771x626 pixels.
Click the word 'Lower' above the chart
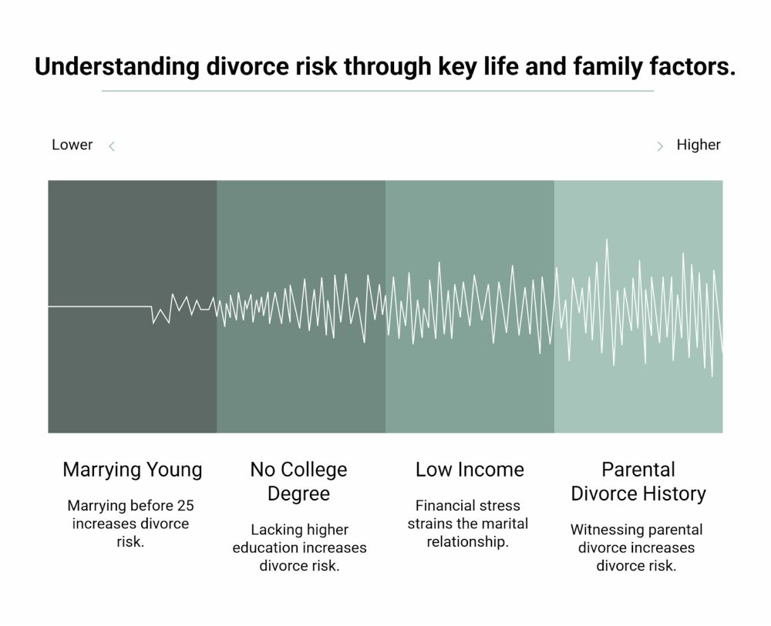tap(72, 145)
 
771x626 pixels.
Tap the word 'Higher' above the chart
tap(699, 145)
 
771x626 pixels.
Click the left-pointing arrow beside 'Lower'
tap(112, 146)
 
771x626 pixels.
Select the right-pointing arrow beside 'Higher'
tap(660, 146)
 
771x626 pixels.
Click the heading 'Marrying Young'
tap(133, 470)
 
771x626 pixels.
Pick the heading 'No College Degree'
tap(298, 481)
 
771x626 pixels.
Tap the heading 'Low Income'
tap(470, 470)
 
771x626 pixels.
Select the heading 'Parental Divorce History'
tap(638, 481)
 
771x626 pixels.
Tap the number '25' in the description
tap(186, 506)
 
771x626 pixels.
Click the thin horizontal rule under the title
tap(378, 91)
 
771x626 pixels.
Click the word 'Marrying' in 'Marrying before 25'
tap(97, 506)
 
